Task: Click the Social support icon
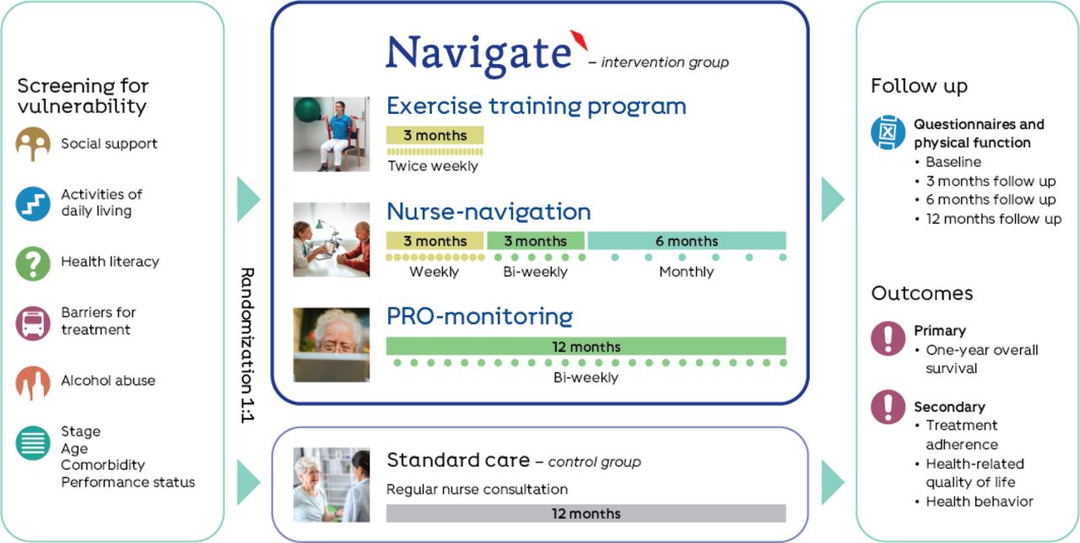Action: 33,144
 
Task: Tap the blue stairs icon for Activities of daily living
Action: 33,204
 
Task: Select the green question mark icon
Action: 33,263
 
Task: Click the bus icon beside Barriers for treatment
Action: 33,323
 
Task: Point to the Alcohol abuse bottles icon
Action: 33,383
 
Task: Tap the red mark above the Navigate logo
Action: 579,40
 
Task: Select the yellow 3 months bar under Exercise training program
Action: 435,135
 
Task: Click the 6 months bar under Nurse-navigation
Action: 687,241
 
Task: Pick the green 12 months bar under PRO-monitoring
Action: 586,346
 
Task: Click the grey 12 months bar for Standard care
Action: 586,513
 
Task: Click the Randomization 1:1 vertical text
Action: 247,345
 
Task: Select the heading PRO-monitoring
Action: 480,317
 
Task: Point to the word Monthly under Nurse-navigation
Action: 686,272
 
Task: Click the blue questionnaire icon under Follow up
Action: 888,133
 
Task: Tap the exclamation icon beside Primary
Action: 888,339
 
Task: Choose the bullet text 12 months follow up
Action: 994,219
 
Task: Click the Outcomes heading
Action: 922,294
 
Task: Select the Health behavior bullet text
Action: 980,502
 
